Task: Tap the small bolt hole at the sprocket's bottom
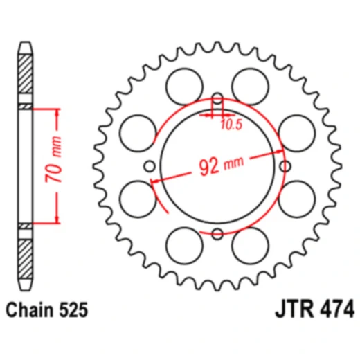pos(217,232)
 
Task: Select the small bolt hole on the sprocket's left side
pos(150,165)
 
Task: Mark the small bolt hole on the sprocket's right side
pos(284,165)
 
